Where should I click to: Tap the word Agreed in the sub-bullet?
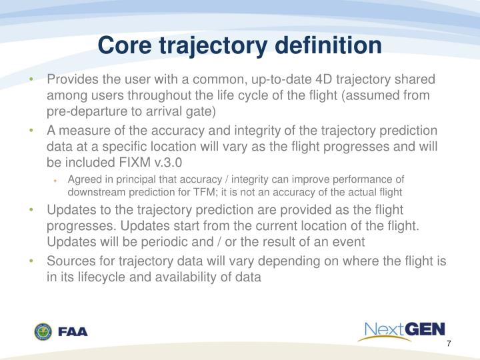tap(84, 179)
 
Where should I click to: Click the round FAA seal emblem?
tap(43, 331)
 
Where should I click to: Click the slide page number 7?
tap(449, 344)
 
